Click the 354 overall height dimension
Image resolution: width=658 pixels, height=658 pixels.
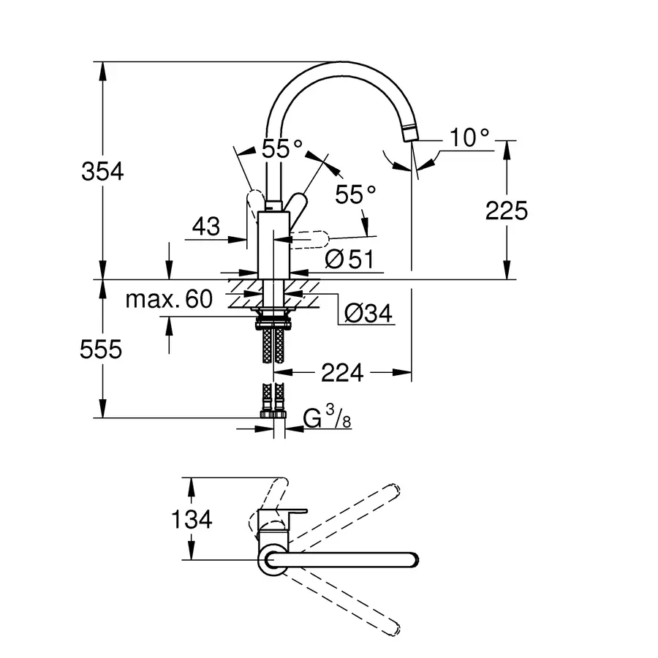[x=102, y=172]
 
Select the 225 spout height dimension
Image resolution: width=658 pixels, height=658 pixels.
[x=506, y=211]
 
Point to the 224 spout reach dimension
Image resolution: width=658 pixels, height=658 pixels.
[x=342, y=373]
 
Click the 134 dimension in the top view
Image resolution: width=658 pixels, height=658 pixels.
[x=192, y=519]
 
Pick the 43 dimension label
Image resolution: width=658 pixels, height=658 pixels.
[x=206, y=227]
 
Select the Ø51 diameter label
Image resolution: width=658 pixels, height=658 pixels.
[x=349, y=259]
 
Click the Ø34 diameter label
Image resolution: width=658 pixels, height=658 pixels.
[x=368, y=314]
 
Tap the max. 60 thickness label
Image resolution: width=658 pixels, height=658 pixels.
[x=168, y=298]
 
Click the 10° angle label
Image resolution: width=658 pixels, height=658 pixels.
[x=469, y=137]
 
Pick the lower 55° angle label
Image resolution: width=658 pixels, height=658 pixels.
[x=355, y=194]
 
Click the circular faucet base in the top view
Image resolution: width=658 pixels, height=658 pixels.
[x=273, y=560]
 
